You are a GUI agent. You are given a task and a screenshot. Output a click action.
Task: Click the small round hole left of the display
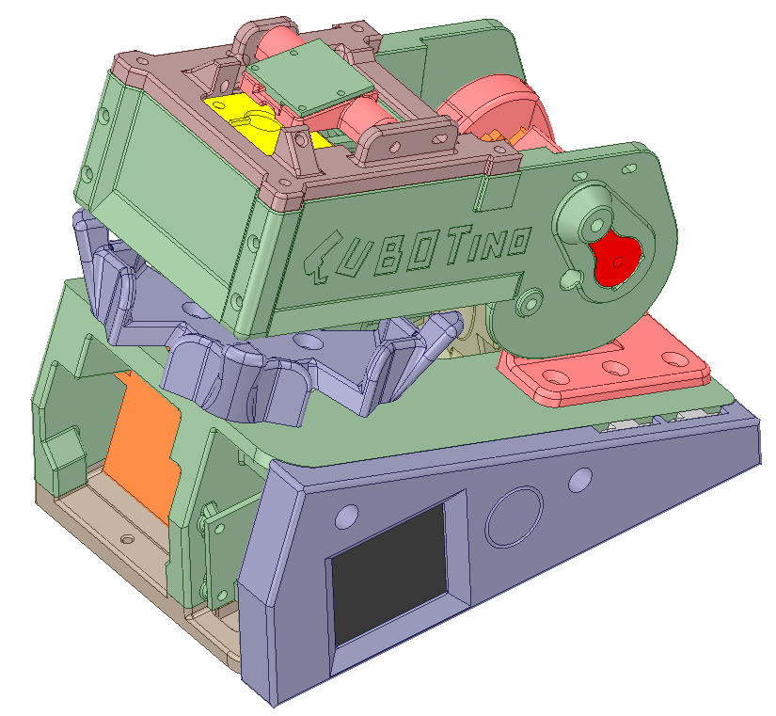pos(346,516)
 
